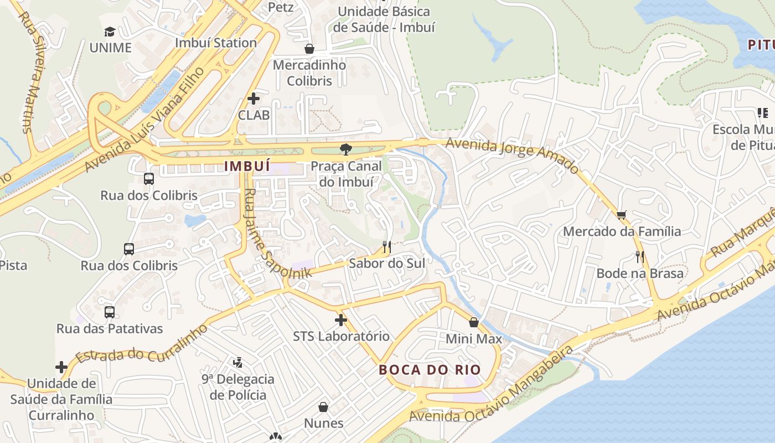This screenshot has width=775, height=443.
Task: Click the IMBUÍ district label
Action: pos(247,166)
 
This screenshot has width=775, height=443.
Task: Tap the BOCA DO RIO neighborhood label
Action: pos(430,370)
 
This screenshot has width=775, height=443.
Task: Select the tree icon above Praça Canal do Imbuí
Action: pos(347,149)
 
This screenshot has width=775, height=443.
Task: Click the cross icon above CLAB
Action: pos(254,99)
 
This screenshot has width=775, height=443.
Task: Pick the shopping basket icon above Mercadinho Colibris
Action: pos(309,49)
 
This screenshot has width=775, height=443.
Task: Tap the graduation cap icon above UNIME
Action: pos(110,32)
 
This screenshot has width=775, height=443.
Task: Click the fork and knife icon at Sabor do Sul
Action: pos(387,247)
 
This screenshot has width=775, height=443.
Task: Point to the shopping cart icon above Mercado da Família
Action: pos(622,215)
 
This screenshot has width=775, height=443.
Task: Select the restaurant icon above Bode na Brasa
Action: pos(640,256)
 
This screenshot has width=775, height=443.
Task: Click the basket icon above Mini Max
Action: pos(474,322)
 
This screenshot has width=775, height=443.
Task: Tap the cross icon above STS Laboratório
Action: pos(341,320)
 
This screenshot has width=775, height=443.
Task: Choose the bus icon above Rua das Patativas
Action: pos(110,312)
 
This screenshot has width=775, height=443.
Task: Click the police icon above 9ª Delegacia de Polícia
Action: pos(238,363)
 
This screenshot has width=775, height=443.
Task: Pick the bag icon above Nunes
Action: pos(323,408)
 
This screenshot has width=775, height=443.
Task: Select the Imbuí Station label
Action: pos(216,43)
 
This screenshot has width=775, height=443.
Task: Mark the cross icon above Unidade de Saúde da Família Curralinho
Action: pos(61,367)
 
